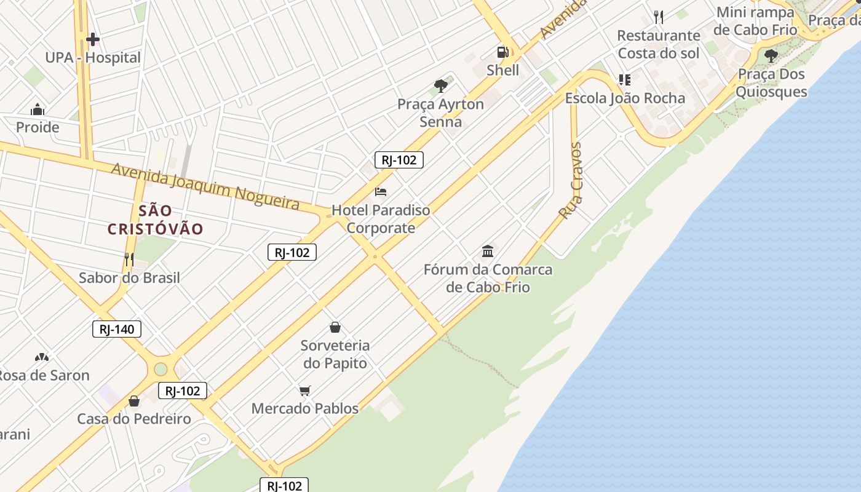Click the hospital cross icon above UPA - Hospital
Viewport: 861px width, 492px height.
tap(93, 40)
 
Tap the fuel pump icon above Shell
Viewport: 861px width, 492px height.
tap(502, 52)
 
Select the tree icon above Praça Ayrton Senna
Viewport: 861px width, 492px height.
tap(440, 85)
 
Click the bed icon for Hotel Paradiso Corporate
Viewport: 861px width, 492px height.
tap(381, 192)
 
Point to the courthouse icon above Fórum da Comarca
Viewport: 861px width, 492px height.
tap(488, 251)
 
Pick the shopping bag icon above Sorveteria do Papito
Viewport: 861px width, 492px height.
tap(335, 327)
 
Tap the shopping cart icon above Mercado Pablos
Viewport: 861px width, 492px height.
tap(304, 390)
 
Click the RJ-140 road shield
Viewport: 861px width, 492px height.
tap(117, 329)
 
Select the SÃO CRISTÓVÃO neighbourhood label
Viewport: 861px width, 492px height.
tap(156, 220)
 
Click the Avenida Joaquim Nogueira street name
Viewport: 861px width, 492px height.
tap(205, 186)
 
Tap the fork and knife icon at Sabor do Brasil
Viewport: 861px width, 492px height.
tap(129, 259)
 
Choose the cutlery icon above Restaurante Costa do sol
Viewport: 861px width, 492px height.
tap(659, 17)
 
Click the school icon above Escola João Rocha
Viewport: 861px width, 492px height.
tap(624, 80)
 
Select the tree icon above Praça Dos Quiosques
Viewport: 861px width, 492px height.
tap(771, 56)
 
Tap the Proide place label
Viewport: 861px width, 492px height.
tap(38, 127)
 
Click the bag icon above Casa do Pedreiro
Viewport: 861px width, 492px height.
tap(134, 401)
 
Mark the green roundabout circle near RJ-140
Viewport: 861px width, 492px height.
tap(161, 369)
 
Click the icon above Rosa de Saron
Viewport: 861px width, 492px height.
tap(41, 357)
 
